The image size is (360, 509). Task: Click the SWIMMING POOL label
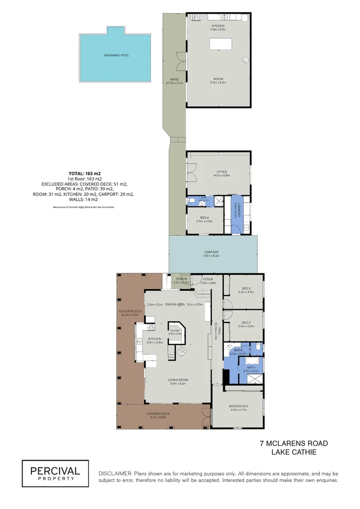116,56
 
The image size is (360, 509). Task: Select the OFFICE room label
222,172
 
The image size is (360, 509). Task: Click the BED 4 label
206,217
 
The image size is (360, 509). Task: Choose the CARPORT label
211,252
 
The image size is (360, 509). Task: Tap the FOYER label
208,279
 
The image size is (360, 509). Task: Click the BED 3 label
246,288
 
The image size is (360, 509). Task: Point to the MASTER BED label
239,406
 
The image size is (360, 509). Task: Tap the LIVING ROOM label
178,380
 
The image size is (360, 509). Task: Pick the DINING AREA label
175,304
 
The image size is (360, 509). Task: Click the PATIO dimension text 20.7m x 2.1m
173,83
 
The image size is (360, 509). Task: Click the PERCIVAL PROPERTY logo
56,473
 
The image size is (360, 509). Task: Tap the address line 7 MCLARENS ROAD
294,443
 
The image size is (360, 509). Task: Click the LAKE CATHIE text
294,452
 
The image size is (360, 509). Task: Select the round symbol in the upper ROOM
245,59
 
